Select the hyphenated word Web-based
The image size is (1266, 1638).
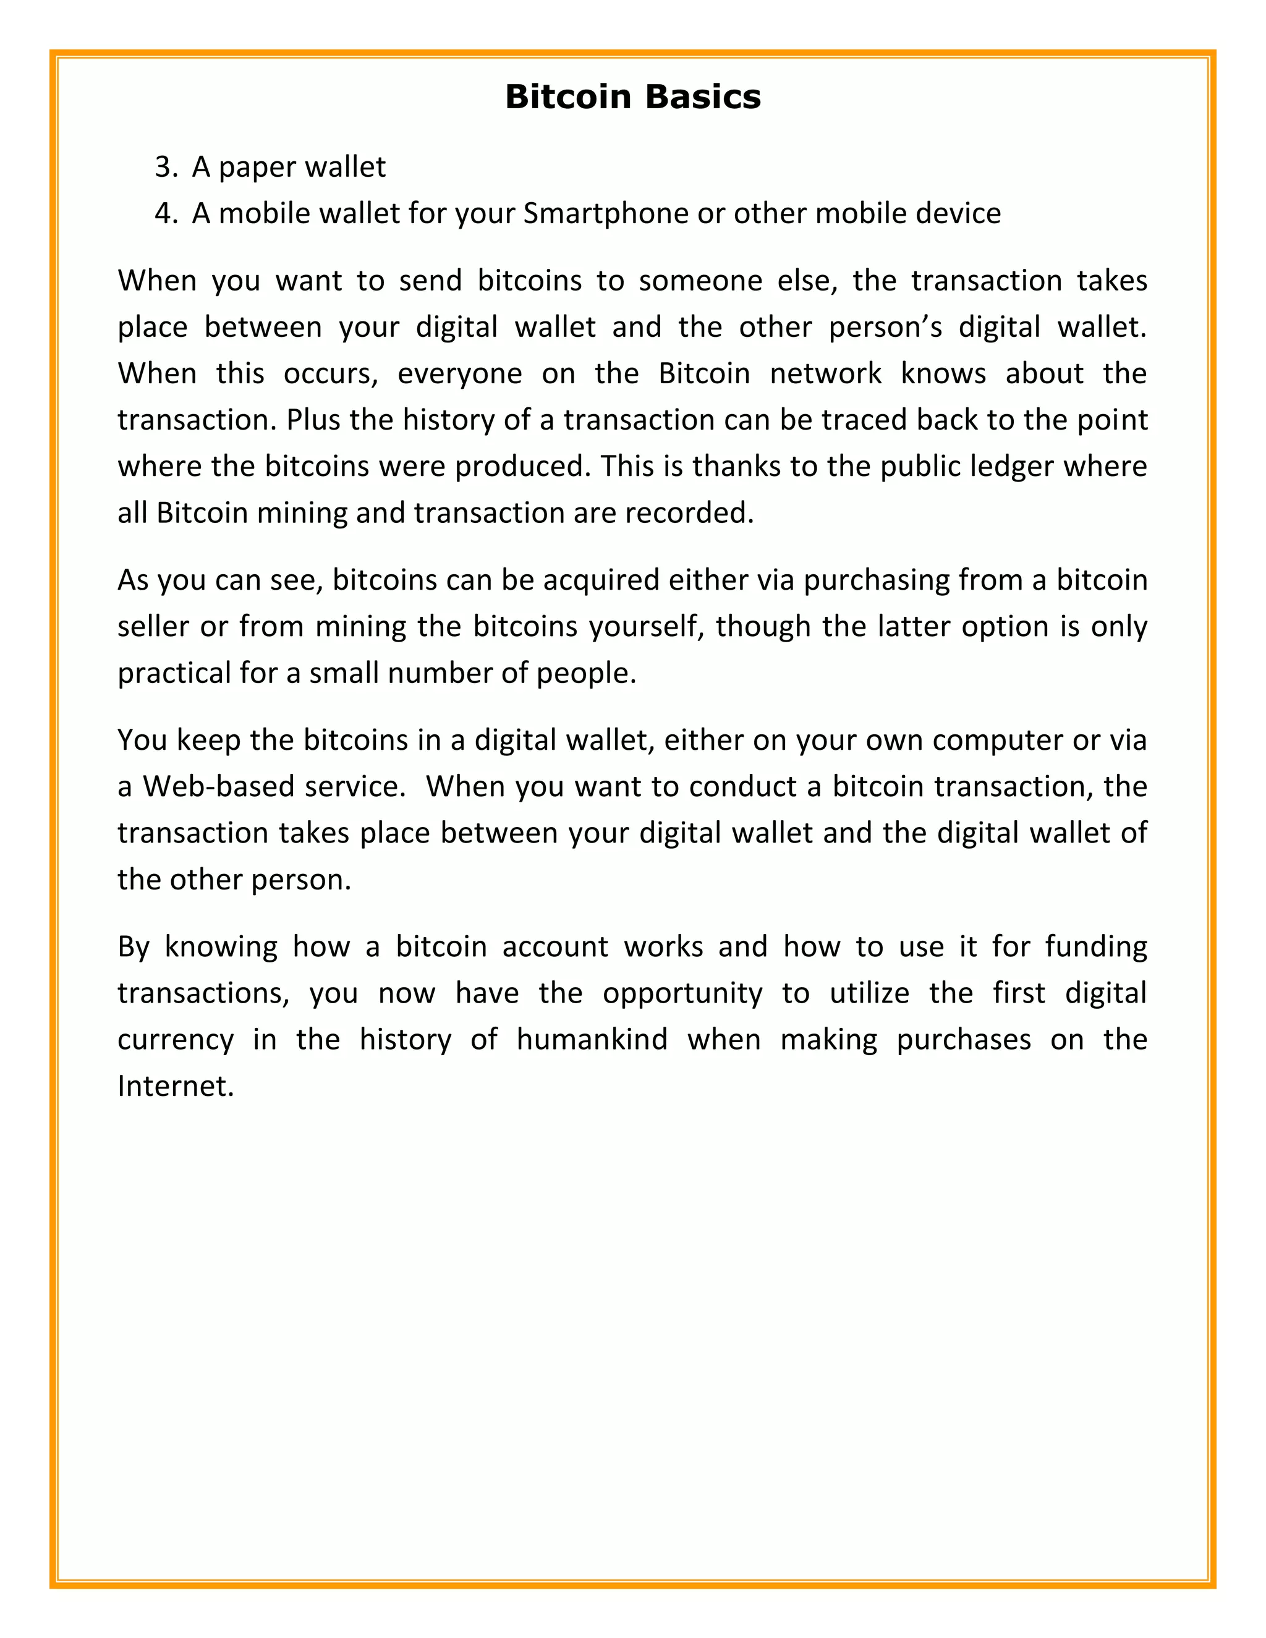(x=218, y=787)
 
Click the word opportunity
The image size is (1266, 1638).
(x=682, y=994)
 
